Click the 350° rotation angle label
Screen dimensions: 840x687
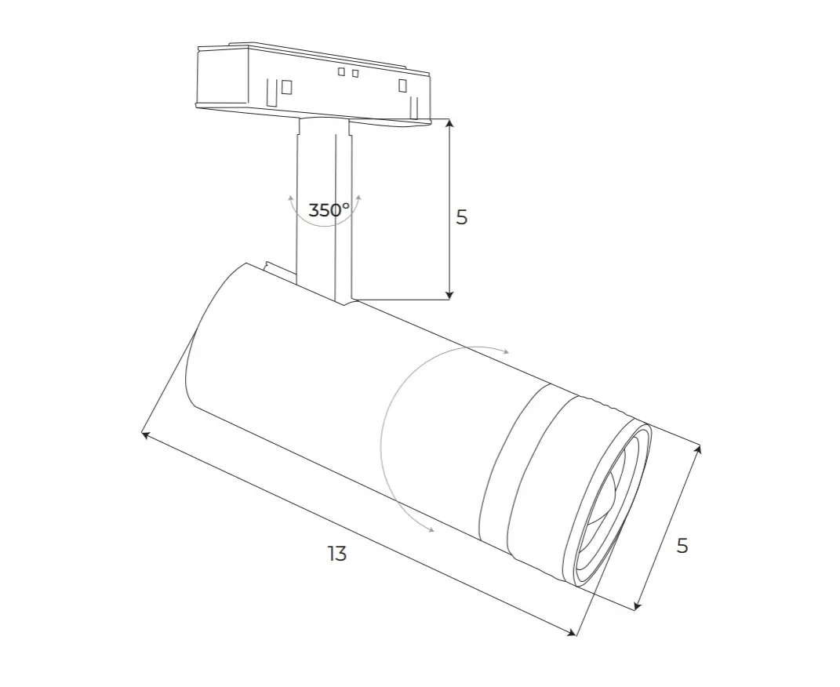coord(329,210)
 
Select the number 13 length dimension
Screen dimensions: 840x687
coord(337,553)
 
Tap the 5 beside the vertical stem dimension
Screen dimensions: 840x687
coord(462,217)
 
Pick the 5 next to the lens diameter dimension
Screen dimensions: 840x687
coord(682,546)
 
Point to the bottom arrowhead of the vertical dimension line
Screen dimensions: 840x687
coord(450,295)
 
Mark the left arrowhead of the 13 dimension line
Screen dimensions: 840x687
coord(145,434)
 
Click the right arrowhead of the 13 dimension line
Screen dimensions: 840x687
coord(572,633)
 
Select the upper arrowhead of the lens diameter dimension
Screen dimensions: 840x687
coord(697,450)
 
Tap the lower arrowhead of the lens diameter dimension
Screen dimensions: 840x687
coord(637,605)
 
